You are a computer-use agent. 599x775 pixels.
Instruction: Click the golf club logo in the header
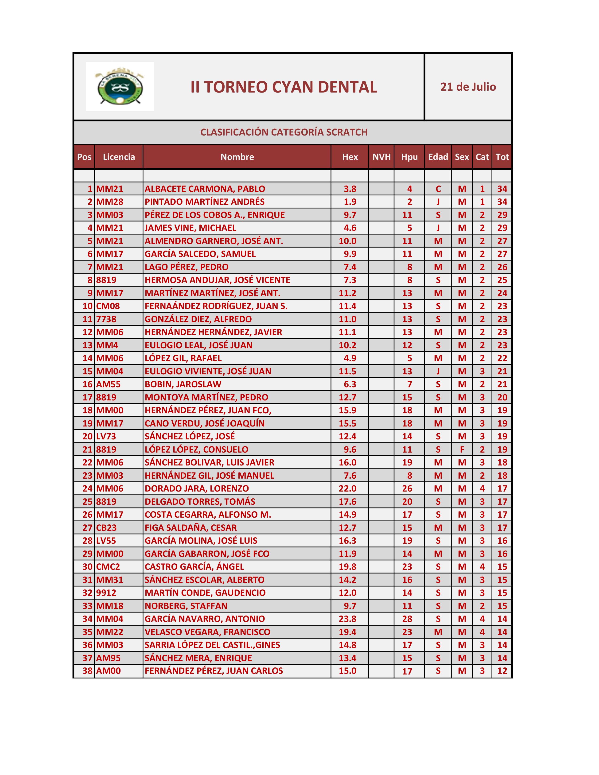(120, 87)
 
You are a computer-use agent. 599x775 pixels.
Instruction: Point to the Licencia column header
(119, 157)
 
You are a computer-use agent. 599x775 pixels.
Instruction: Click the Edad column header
(438, 157)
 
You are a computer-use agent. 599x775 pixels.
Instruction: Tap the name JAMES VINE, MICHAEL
(190, 228)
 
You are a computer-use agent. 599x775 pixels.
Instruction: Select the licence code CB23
(106, 528)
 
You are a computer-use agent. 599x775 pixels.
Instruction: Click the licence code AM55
(108, 384)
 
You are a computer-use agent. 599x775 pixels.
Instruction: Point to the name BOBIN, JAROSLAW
(183, 384)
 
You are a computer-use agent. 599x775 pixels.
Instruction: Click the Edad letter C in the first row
(438, 189)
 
